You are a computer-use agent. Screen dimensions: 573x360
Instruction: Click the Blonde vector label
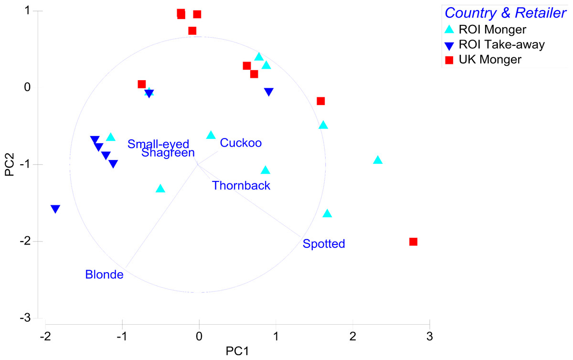pyautogui.click(x=105, y=275)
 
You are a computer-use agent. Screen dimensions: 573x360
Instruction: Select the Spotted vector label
pyautogui.click(x=324, y=244)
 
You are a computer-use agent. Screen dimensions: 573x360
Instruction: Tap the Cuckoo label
pyautogui.click(x=241, y=143)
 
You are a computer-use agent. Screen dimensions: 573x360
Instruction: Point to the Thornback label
pyautogui.click(x=241, y=186)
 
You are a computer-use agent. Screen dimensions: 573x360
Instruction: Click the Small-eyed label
pyautogui.click(x=159, y=144)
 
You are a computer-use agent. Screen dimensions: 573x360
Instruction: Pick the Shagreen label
pyautogui.click(x=168, y=153)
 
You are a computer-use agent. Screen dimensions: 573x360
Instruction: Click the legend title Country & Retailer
pyautogui.click(x=505, y=13)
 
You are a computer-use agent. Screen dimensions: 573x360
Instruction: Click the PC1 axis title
pyautogui.click(x=237, y=351)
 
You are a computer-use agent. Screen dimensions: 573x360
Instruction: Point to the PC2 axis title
pyautogui.click(x=10, y=165)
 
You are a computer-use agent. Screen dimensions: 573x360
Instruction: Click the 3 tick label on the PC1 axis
pyautogui.click(x=430, y=337)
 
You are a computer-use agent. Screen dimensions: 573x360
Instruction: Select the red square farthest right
pyautogui.click(x=414, y=242)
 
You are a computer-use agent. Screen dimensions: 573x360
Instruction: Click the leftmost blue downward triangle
pyautogui.click(x=55, y=209)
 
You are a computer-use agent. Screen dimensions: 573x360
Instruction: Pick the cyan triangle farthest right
pyautogui.click(x=378, y=160)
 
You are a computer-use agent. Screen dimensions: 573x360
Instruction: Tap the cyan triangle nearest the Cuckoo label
pyautogui.click(x=211, y=135)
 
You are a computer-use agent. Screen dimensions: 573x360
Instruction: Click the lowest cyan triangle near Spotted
pyautogui.click(x=327, y=213)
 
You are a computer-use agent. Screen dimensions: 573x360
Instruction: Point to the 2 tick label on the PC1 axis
pyautogui.click(x=353, y=337)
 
